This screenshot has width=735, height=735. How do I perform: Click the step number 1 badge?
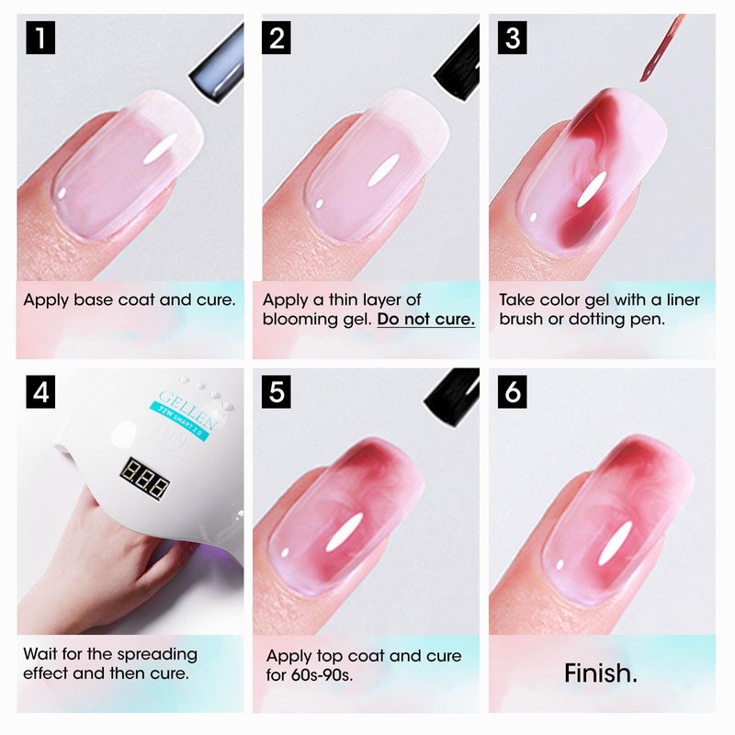pyautogui.click(x=40, y=38)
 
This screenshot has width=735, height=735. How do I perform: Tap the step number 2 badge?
pyautogui.click(x=277, y=38)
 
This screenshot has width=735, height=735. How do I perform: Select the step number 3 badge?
pyautogui.click(x=513, y=38)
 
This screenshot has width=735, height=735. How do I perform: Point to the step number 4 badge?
pyautogui.click(x=40, y=391)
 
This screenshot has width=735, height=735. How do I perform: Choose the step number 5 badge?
pyautogui.click(x=277, y=391)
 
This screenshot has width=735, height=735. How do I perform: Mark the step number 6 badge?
pyautogui.click(x=513, y=391)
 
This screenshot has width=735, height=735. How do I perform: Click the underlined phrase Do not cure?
pyautogui.click(x=425, y=319)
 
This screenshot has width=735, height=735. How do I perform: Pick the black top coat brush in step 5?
pyautogui.click(x=452, y=397)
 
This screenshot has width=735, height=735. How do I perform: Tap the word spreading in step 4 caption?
pyautogui.click(x=157, y=655)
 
